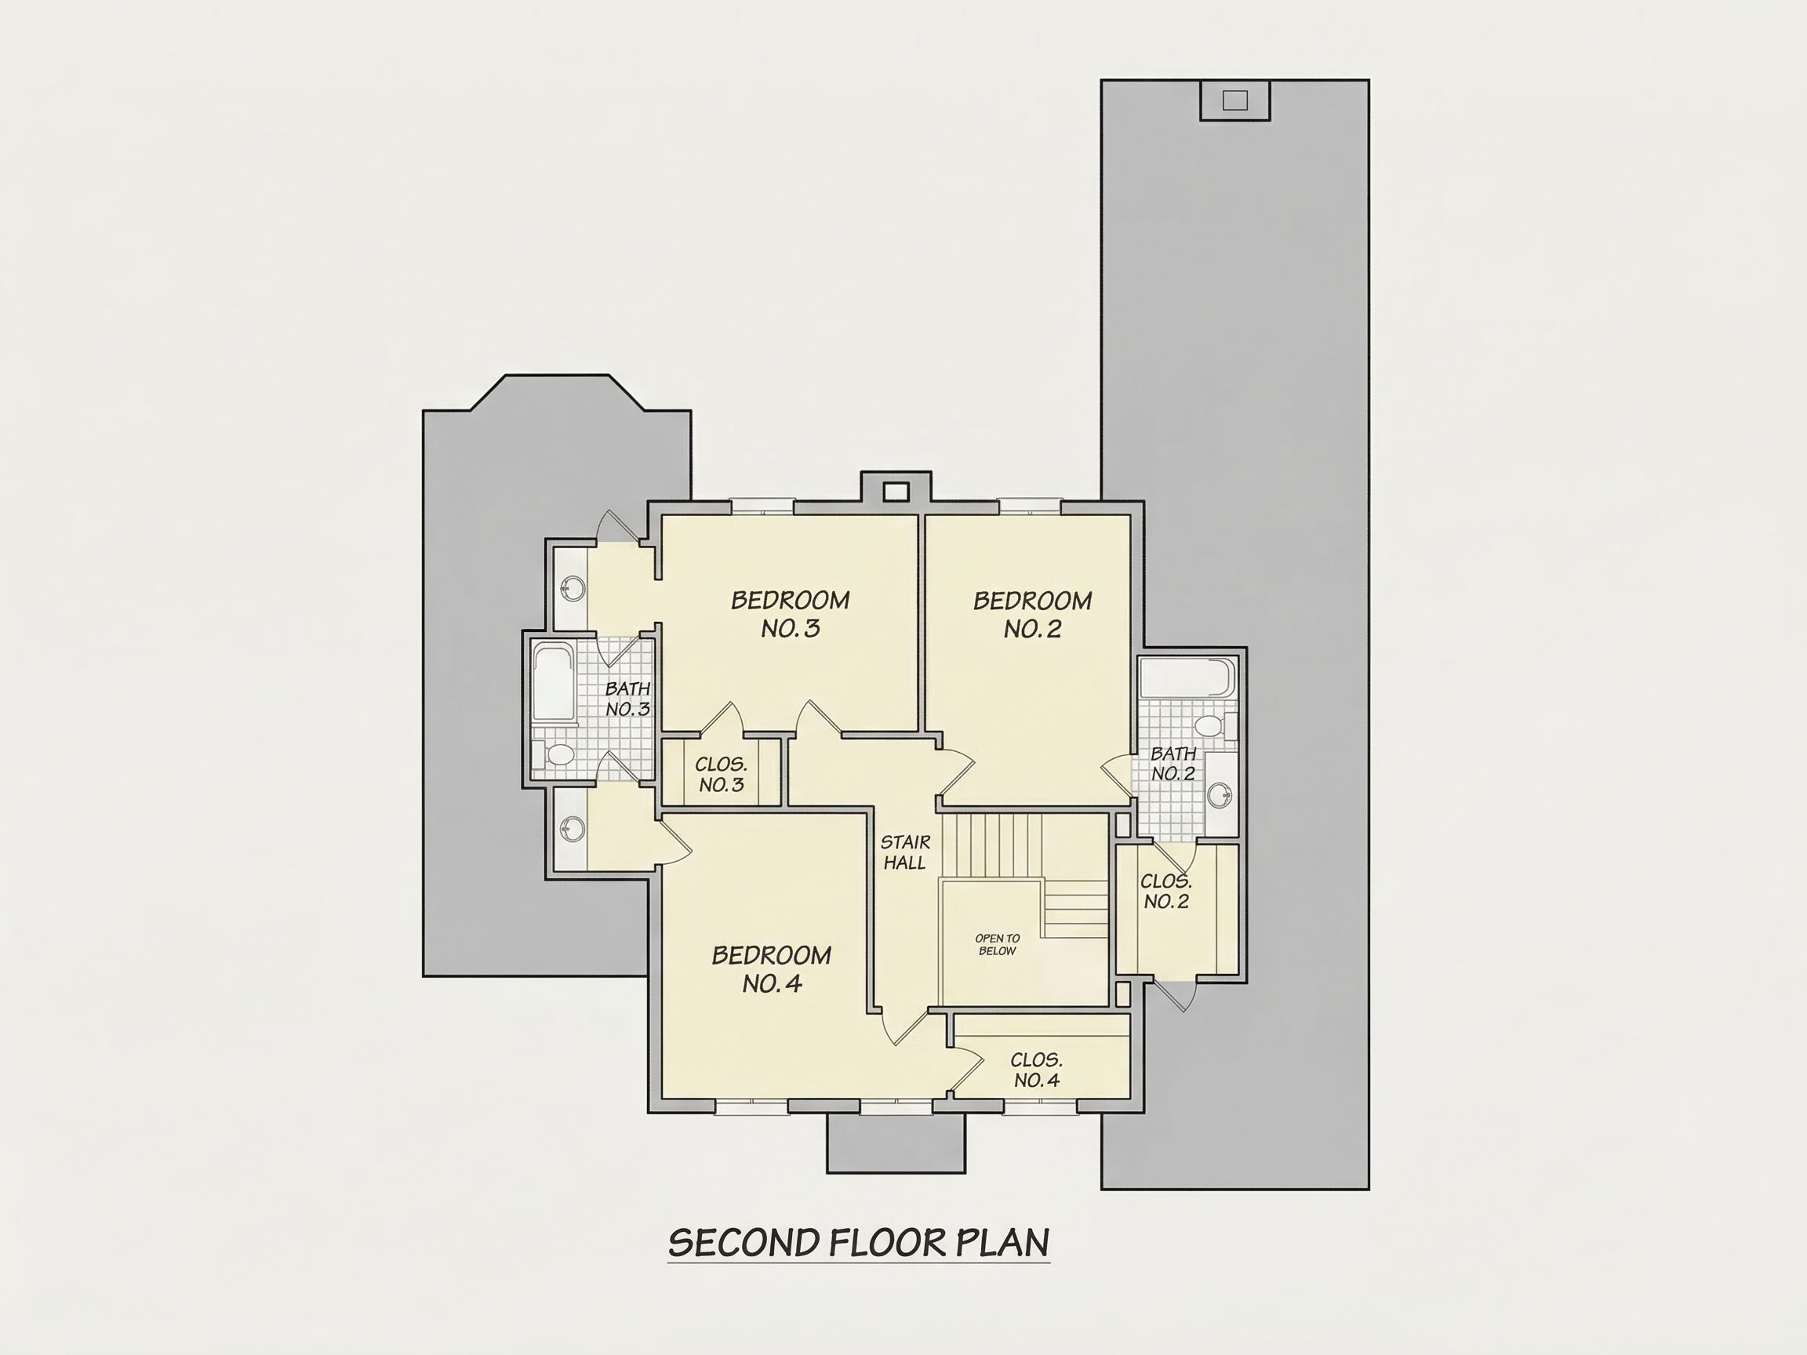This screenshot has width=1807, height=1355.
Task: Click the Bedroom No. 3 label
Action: coord(790,614)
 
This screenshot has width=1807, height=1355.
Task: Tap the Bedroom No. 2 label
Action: coord(1033,614)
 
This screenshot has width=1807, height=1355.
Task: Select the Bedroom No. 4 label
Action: coord(771,968)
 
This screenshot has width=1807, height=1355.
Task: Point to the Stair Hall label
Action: coord(905,852)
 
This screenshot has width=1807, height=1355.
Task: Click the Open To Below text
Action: coord(998,944)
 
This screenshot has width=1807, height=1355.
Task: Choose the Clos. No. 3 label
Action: coord(722,775)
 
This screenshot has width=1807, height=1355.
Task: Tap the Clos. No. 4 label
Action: coord(1037,1070)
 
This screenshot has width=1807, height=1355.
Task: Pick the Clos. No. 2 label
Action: coord(1166,891)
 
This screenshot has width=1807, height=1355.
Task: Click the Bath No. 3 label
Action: coord(627,699)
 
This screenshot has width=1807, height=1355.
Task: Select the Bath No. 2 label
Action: coord(1173,764)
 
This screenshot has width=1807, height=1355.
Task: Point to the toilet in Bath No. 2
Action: coord(1213,725)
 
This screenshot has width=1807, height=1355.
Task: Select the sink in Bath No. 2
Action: coord(1221,793)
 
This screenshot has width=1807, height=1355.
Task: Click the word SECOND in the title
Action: coord(744,1243)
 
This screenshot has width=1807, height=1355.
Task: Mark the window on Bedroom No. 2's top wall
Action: coord(1029,507)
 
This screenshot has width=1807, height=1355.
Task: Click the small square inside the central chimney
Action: coord(896,492)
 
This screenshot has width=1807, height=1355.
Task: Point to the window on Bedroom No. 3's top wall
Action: coord(762,507)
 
